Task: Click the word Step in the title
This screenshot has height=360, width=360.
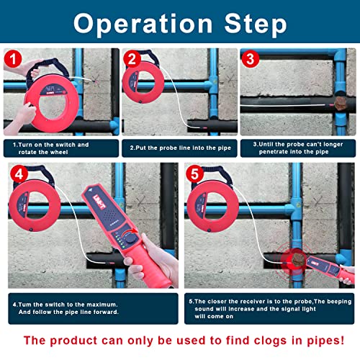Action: pos(253,23)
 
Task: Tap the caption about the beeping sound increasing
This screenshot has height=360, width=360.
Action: pos(270,307)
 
